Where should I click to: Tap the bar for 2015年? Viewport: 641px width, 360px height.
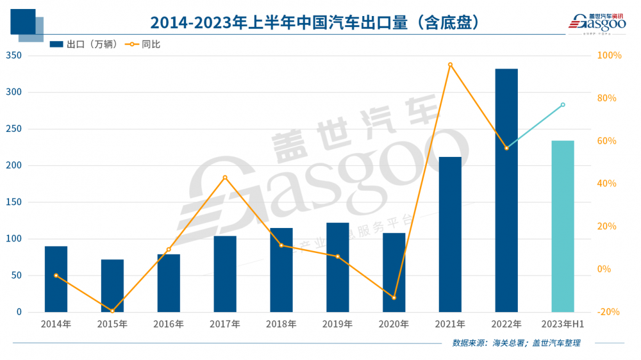[x=112, y=286]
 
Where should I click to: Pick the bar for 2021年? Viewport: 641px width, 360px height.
[x=450, y=234]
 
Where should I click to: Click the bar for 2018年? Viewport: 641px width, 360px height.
[x=281, y=270]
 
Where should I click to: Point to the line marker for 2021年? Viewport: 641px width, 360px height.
[x=450, y=65]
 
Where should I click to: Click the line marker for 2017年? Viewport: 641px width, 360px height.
[x=225, y=177]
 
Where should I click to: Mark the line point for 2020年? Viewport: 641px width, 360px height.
[x=394, y=298]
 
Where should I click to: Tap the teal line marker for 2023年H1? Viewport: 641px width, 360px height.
[x=563, y=104]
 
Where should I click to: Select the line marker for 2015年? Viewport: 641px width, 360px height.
[x=112, y=311]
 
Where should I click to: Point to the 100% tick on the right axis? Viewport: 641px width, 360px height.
[x=609, y=56]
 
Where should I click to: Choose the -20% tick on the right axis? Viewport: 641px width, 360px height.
[x=609, y=312]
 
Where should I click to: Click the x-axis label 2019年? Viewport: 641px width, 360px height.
[x=338, y=324]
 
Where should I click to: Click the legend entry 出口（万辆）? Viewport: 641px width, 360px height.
[x=84, y=44]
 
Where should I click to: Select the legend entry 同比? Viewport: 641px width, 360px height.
[x=142, y=44]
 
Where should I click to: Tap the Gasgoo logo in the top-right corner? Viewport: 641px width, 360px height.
[x=596, y=22]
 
